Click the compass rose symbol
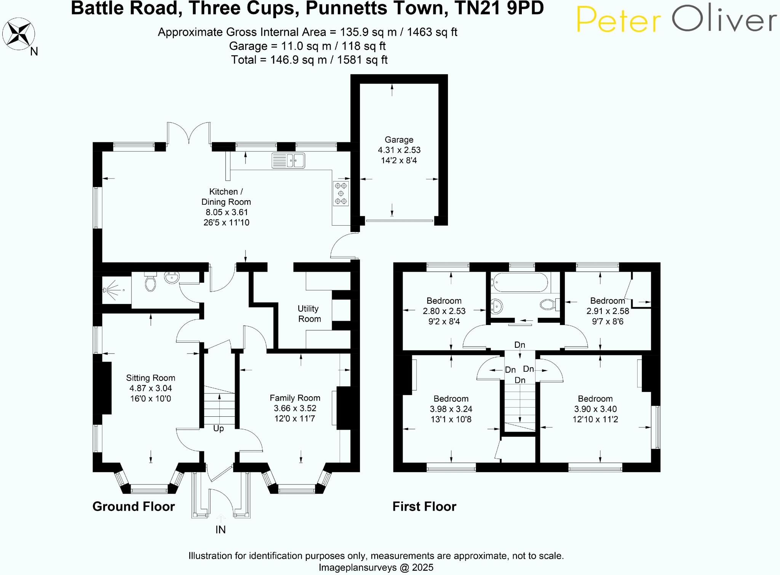click(x=18, y=34)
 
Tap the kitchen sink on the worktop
click(x=288, y=161)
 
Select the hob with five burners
click(x=341, y=194)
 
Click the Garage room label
click(x=399, y=140)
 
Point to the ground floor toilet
click(x=150, y=282)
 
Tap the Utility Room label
click(x=309, y=314)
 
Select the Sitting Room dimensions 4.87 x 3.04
click(x=150, y=388)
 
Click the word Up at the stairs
click(x=218, y=428)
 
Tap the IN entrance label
click(x=221, y=530)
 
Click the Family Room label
click(x=295, y=398)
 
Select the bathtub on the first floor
click(x=519, y=282)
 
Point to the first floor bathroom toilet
click(x=549, y=304)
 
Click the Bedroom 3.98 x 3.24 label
click(x=451, y=399)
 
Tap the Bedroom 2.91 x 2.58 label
click(x=607, y=301)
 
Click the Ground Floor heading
click(x=133, y=507)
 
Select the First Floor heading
click(x=424, y=507)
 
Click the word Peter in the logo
click(x=619, y=20)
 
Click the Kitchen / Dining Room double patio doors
click(x=189, y=133)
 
